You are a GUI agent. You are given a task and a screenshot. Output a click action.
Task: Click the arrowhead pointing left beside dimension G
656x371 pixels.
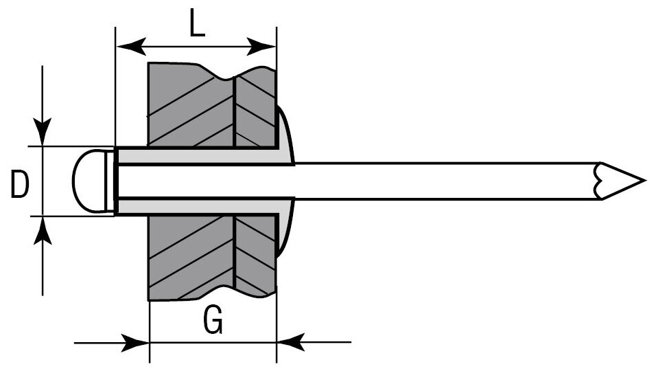click(291, 341)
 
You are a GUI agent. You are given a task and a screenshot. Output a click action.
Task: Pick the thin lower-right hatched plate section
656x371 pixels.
click(255, 254)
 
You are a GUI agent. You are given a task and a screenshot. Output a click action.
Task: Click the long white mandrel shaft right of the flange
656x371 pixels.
click(446, 181)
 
